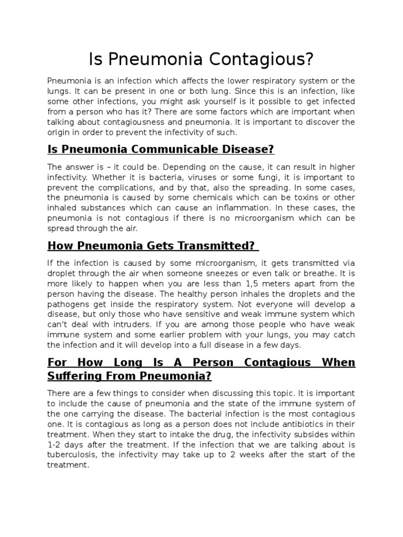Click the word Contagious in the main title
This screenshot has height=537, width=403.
click(x=258, y=60)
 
